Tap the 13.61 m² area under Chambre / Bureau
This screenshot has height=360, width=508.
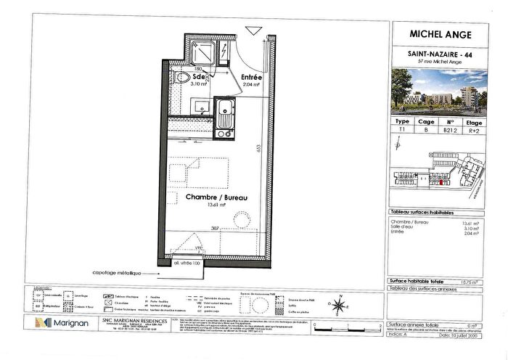[216, 205]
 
